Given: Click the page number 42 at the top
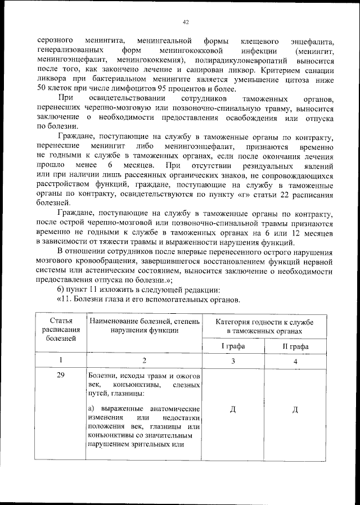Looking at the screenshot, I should click(185, 22).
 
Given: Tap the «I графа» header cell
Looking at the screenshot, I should click(233, 346).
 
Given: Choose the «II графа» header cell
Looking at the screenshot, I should click(295, 346).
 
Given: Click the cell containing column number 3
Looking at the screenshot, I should click(233, 361).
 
